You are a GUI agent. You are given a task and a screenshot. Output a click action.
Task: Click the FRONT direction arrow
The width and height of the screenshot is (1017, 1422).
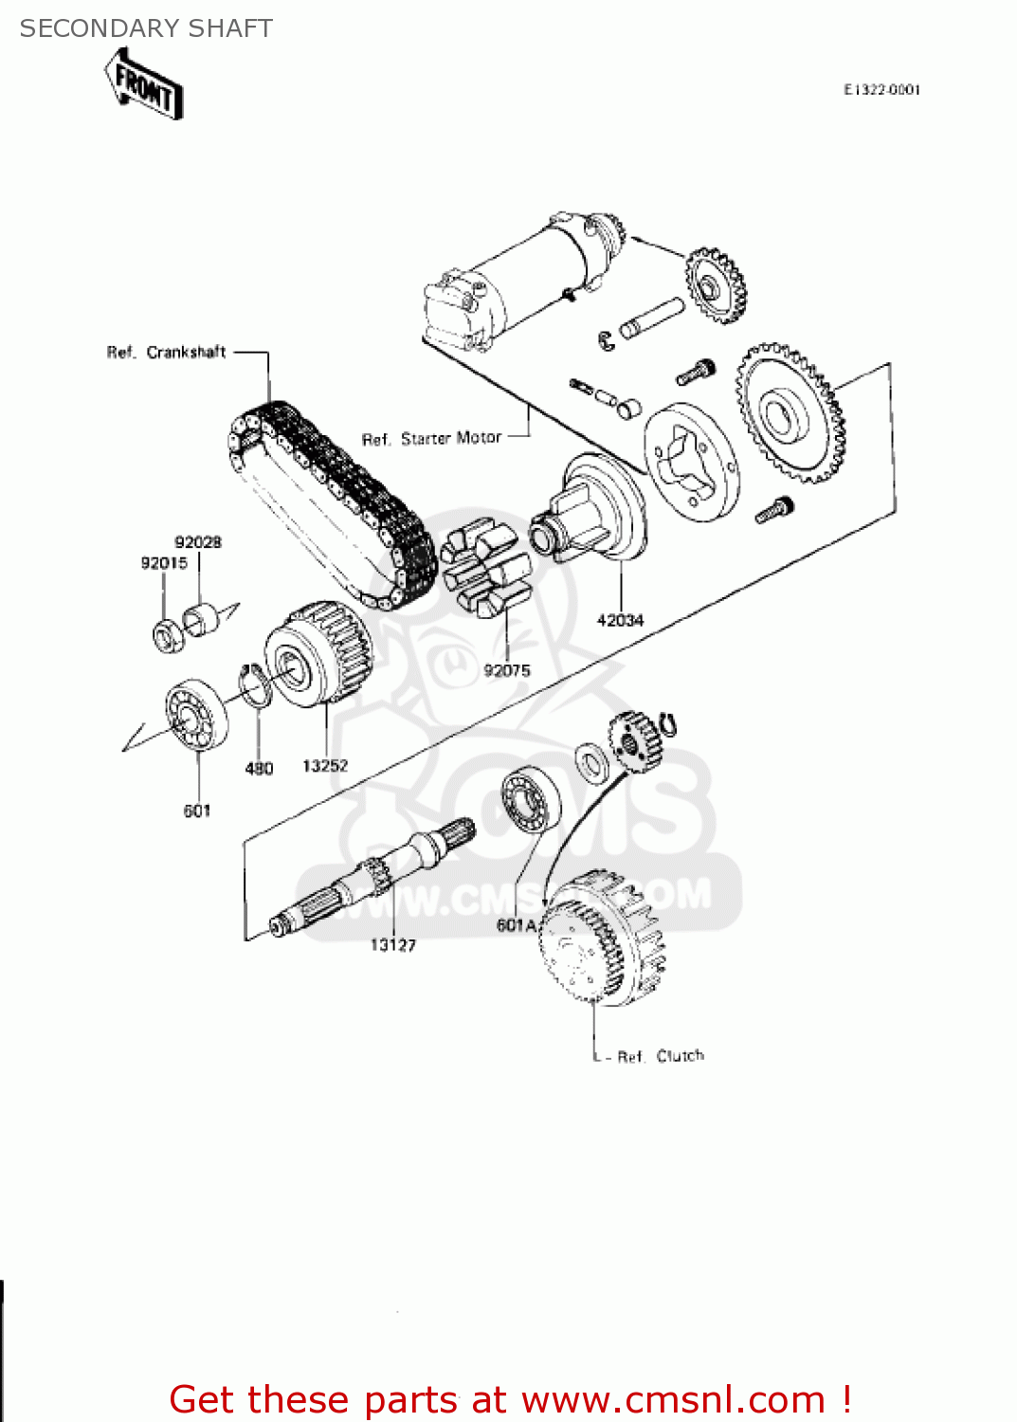pyautogui.click(x=144, y=85)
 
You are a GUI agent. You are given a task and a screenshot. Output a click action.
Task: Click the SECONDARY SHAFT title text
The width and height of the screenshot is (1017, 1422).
pyautogui.click(x=146, y=28)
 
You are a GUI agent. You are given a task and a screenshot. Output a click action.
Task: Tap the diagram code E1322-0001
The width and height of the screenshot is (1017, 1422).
pyautogui.click(x=881, y=90)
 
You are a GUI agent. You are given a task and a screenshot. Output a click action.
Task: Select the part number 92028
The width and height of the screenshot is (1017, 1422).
pyautogui.click(x=198, y=542)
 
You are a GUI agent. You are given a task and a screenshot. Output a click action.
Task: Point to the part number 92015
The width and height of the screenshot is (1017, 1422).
pyautogui.click(x=164, y=563)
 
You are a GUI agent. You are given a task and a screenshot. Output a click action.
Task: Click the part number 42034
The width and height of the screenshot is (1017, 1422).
pyautogui.click(x=620, y=620)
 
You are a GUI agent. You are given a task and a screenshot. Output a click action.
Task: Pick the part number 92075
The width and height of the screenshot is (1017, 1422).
pyautogui.click(x=507, y=670)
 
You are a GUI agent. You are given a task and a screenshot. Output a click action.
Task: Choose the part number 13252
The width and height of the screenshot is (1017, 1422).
pyautogui.click(x=325, y=765)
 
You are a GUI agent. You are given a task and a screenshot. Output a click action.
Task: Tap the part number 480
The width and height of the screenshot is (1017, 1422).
pyautogui.click(x=259, y=768)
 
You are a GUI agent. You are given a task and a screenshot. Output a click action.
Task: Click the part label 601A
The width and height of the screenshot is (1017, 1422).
pyautogui.click(x=517, y=924)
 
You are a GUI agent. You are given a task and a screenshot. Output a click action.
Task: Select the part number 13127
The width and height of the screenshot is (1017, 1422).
pyautogui.click(x=392, y=944)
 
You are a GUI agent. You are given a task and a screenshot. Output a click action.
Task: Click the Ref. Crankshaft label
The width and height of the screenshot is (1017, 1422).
pyautogui.click(x=166, y=353)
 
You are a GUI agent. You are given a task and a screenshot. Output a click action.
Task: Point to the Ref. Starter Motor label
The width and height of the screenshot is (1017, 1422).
pyautogui.click(x=431, y=438)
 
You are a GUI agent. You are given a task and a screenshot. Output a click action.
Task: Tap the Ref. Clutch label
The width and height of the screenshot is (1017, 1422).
pyautogui.click(x=661, y=1056)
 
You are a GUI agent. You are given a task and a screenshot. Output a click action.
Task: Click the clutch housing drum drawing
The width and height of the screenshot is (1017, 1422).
pyautogui.click(x=602, y=939)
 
